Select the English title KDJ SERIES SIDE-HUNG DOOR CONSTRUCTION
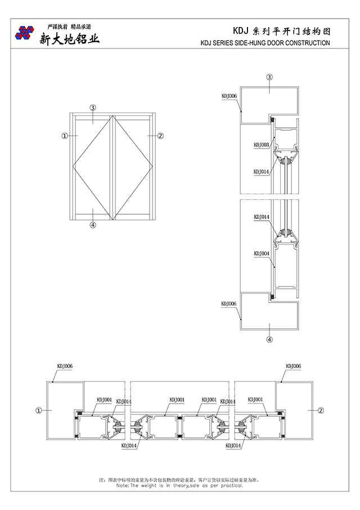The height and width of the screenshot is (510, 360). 265,43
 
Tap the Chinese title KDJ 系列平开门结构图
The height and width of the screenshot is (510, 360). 281,31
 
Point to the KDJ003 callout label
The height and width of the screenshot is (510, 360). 262,145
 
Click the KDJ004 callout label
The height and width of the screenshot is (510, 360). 262,254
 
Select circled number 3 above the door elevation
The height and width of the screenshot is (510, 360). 93,107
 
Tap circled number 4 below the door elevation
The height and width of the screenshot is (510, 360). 93,226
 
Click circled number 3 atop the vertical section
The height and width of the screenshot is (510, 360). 269,77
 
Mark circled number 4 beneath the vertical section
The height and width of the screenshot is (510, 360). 269,339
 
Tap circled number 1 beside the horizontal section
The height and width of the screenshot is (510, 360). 39,411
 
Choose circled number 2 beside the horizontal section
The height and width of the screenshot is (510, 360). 321,411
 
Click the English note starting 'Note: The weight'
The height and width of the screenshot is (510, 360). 179,485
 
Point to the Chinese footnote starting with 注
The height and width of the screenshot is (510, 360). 179,480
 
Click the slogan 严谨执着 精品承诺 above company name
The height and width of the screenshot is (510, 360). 69,26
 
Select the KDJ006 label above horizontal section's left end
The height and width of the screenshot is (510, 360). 65,366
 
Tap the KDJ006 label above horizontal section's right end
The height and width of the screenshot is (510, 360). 293,366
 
